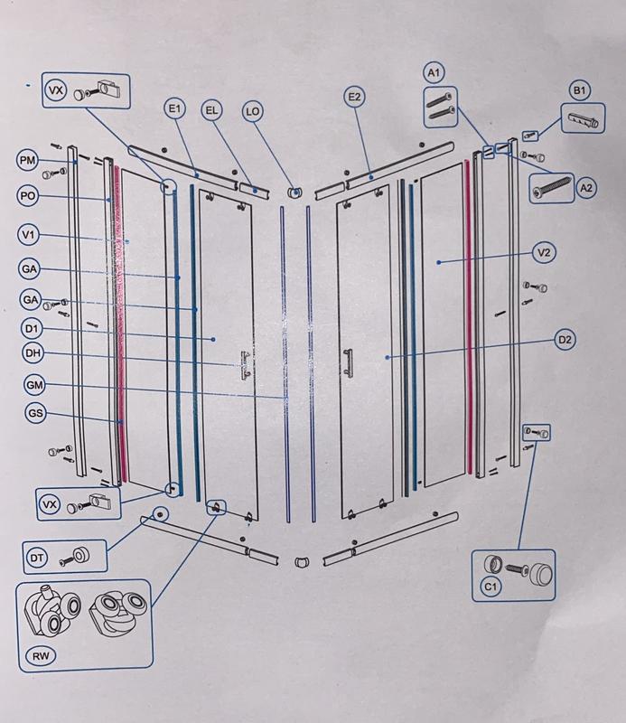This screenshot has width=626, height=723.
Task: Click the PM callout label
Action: (27, 161)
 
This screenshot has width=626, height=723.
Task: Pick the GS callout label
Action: (36, 414)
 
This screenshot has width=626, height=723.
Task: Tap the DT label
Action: (38, 559)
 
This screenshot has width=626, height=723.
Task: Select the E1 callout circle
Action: (174, 109)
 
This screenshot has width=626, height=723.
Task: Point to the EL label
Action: (211, 110)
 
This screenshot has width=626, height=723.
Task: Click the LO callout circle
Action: (253, 111)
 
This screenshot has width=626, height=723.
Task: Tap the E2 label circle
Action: (353, 97)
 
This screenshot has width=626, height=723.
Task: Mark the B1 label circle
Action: (580, 90)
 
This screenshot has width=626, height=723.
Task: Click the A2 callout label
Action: (586, 188)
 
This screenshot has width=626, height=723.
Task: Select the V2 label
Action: (542, 253)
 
